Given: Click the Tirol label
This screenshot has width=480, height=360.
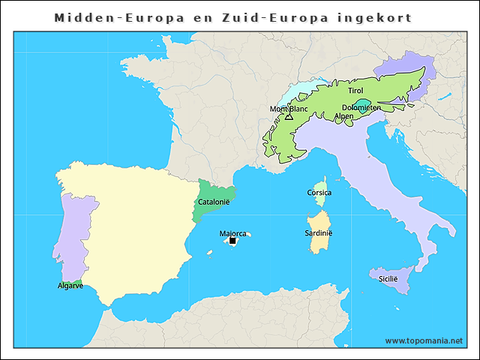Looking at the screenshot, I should [x=355, y=91].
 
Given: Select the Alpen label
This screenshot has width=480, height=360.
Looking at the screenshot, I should [x=343, y=116].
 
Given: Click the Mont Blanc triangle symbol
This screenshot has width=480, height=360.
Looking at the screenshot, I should [x=289, y=116].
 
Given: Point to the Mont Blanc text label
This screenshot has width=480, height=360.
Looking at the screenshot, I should [x=289, y=109].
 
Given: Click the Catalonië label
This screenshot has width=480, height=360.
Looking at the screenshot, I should [x=213, y=202].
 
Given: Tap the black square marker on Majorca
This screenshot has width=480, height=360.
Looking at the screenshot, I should [x=232, y=241].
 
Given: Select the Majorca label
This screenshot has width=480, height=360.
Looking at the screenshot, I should [x=232, y=233].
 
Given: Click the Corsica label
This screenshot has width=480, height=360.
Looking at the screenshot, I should [x=319, y=193].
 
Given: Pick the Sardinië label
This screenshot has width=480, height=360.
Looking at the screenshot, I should [x=319, y=233].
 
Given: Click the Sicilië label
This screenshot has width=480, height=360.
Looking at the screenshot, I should [x=388, y=278].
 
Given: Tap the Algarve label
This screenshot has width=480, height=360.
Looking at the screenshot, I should [x=70, y=286].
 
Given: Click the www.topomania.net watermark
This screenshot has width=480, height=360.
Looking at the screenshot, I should [x=424, y=340].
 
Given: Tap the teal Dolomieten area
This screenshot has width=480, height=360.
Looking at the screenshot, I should [x=364, y=102].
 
